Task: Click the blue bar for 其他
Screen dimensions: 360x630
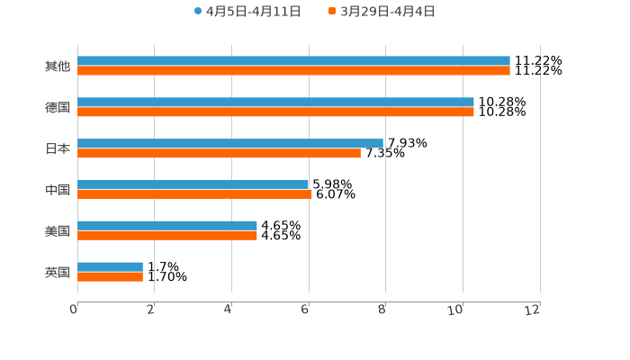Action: (x=293, y=61)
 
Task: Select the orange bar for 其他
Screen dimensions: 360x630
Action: (x=293, y=71)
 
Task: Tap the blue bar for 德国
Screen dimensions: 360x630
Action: (x=275, y=103)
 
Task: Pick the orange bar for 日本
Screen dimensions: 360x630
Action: (x=219, y=154)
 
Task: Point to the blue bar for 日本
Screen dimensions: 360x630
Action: (x=230, y=143)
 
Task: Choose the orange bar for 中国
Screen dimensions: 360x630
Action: (x=194, y=194)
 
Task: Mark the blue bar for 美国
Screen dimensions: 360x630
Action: (x=167, y=226)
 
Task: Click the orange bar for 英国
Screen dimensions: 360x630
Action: (x=110, y=277)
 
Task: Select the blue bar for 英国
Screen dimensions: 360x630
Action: (x=110, y=266)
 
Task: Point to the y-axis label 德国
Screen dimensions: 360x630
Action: (x=57, y=108)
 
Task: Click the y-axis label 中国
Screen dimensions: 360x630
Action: (x=57, y=190)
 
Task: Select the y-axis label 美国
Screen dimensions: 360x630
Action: (x=57, y=231)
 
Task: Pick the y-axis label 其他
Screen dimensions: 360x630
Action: (x=57, y=67)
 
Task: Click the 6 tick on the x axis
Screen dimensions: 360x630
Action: (x=306, y=310)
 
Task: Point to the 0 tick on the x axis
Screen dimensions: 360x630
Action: (x=74, y=310)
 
